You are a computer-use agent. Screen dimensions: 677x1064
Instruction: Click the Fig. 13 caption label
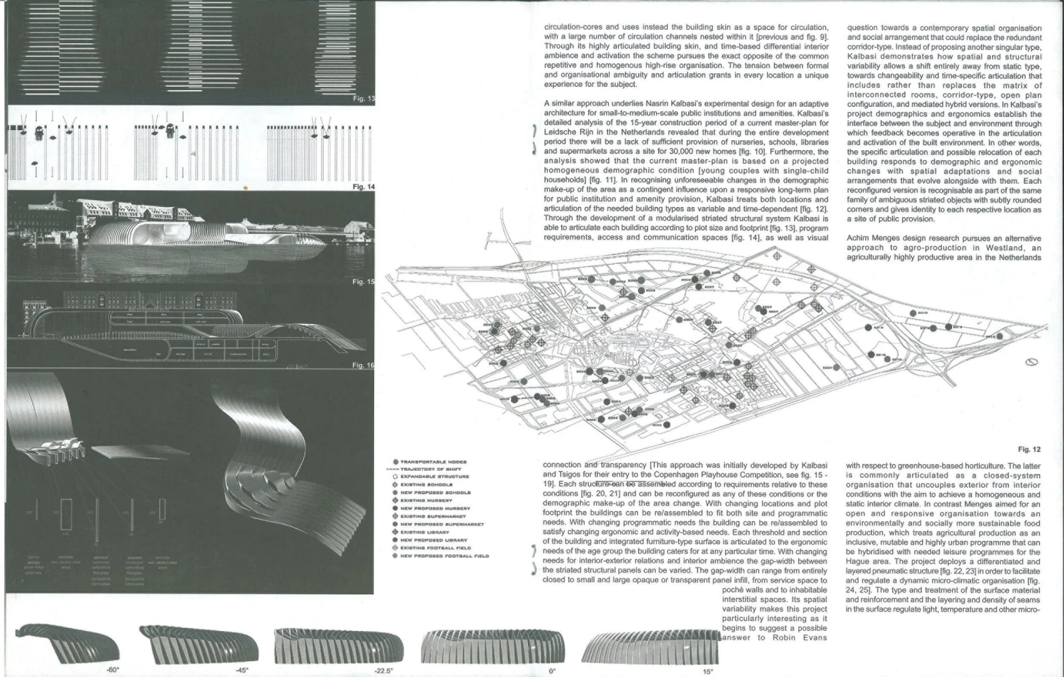coord(363,98)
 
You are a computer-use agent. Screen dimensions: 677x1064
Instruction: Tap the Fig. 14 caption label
coord(363,186)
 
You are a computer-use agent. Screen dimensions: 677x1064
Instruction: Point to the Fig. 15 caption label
coord(363,282)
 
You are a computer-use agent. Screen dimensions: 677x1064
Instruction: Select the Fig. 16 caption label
coord(363,365)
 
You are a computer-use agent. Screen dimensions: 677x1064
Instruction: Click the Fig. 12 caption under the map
coord(1029,449)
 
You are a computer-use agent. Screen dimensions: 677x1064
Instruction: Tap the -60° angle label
coord(113,670)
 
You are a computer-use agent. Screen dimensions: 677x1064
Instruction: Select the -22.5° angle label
coord(383,671)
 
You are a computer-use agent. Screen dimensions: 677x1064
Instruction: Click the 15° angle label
coord(708,672)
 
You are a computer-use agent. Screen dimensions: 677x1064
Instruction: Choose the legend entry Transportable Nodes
coord(433,462)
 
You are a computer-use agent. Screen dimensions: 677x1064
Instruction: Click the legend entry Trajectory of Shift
coord(430,469)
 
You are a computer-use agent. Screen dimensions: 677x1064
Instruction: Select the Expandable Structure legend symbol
coord(395,477)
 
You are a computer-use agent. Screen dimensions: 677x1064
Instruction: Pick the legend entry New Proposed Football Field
coord(444,556)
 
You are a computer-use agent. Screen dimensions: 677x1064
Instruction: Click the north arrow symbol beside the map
coord(1033,363)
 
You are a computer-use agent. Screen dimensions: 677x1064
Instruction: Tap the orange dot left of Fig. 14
coord(246,188)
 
